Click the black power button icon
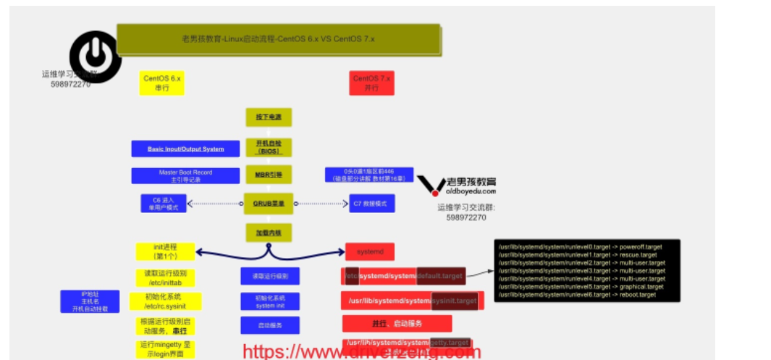pyautogui.click(x=95, y=56)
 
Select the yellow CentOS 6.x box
pyautogui.click(x=161, y=82)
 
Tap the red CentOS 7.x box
pyautogui.click(x=371, y=82)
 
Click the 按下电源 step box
pyautogui.click(x=268, y=117)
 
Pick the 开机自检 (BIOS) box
pyautogui.click(x=268, y=146)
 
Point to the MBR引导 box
pyautogui.click(x=268, y=175)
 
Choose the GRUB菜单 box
pyautogui.click(x=268, y=204)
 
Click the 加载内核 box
pyautogui.click(x=268, y=232)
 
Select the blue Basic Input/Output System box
pyautogui.click(x=185, y=148)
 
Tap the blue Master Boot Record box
pyautogui.click(x=185, y=175)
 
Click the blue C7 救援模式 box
pyautogui.click(x=372, y=204)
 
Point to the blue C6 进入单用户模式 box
pyautogui.click(x=163, y=204)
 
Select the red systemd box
pyautogui.click(x=369, y=251)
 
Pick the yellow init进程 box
pyautogui.click(x=165, y=251)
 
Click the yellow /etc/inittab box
pyautogui.click(x=165, y=277)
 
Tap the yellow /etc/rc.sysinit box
pyautogui.click(x=165, y=301)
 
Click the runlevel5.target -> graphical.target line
pyautogui.click(x=581, y=287)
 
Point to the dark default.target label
pyautogui.click(x=441, y=275)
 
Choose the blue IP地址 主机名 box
pyautogui.click(x=90, y=301)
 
